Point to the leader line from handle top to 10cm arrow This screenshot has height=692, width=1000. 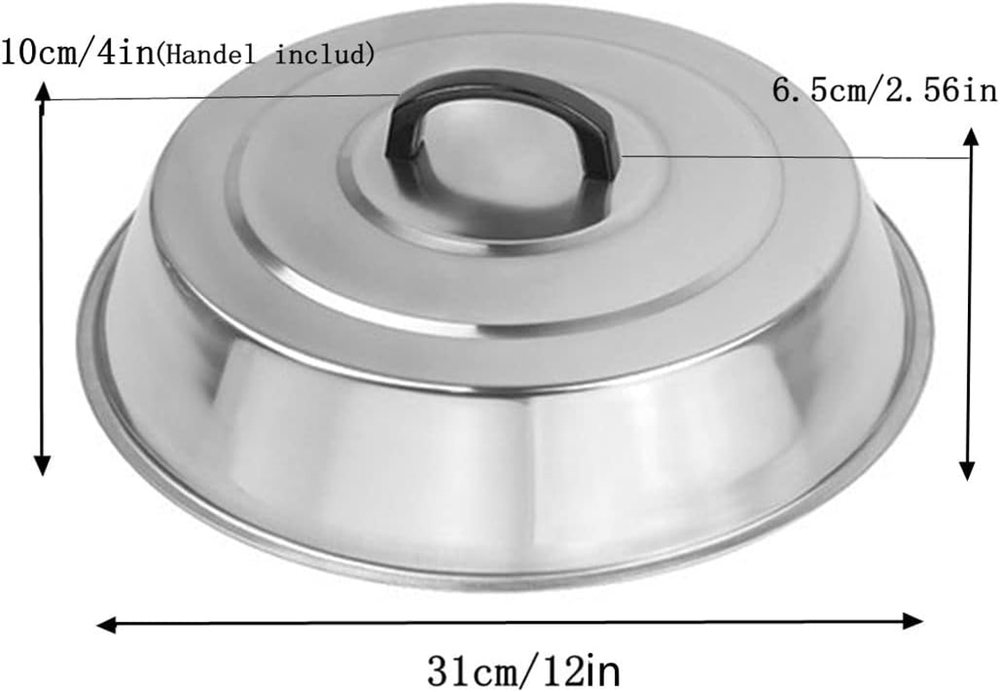216,98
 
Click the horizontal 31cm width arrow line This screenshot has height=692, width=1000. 510,622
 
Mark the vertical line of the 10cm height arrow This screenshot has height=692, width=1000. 41,277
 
